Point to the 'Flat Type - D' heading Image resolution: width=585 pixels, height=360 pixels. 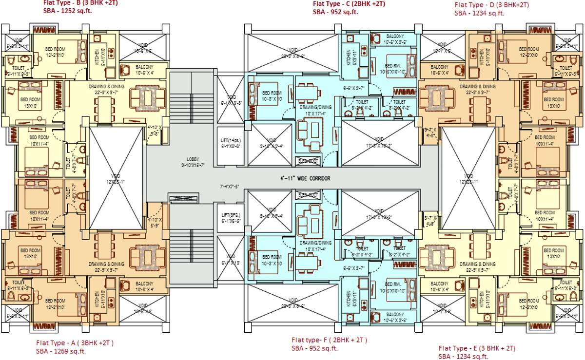(491, 5)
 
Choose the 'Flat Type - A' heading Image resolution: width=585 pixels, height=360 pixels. (75, 342)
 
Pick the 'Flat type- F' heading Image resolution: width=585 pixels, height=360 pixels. (330, 340)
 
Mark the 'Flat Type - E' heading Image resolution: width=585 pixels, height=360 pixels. (476, 348)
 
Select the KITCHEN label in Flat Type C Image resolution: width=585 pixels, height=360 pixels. (348, 57)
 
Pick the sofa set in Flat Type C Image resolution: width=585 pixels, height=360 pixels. (309, 132)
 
